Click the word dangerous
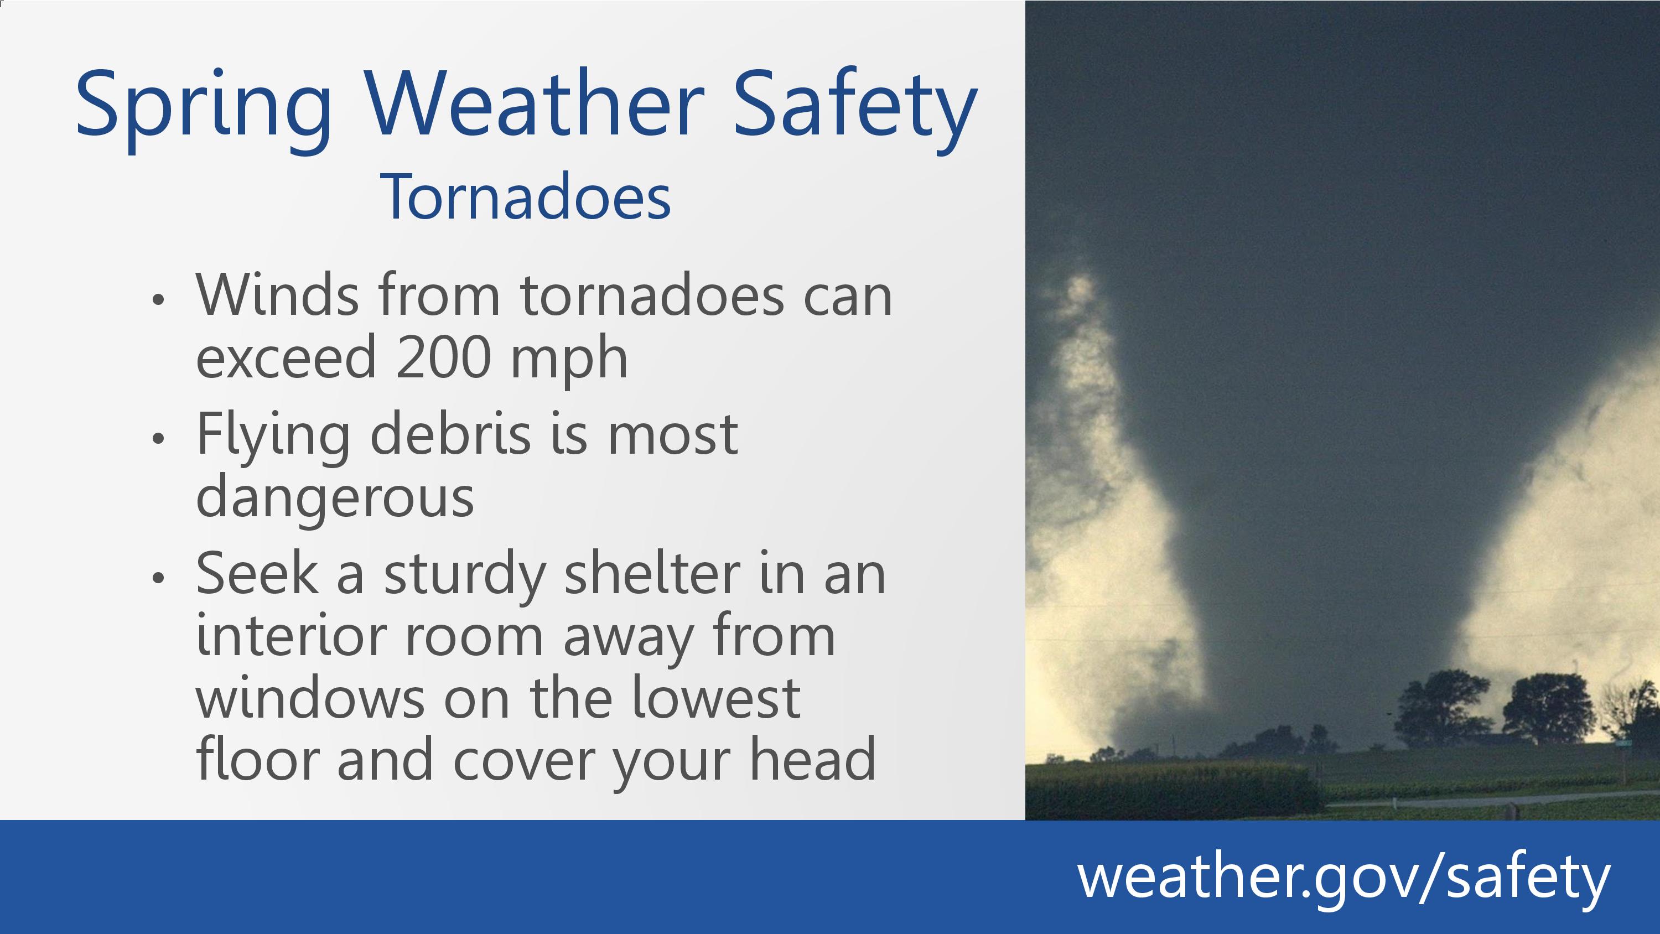(x=335, y=500)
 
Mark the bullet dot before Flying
(x=158, y=438)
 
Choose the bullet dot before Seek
(x=158, y=578)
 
